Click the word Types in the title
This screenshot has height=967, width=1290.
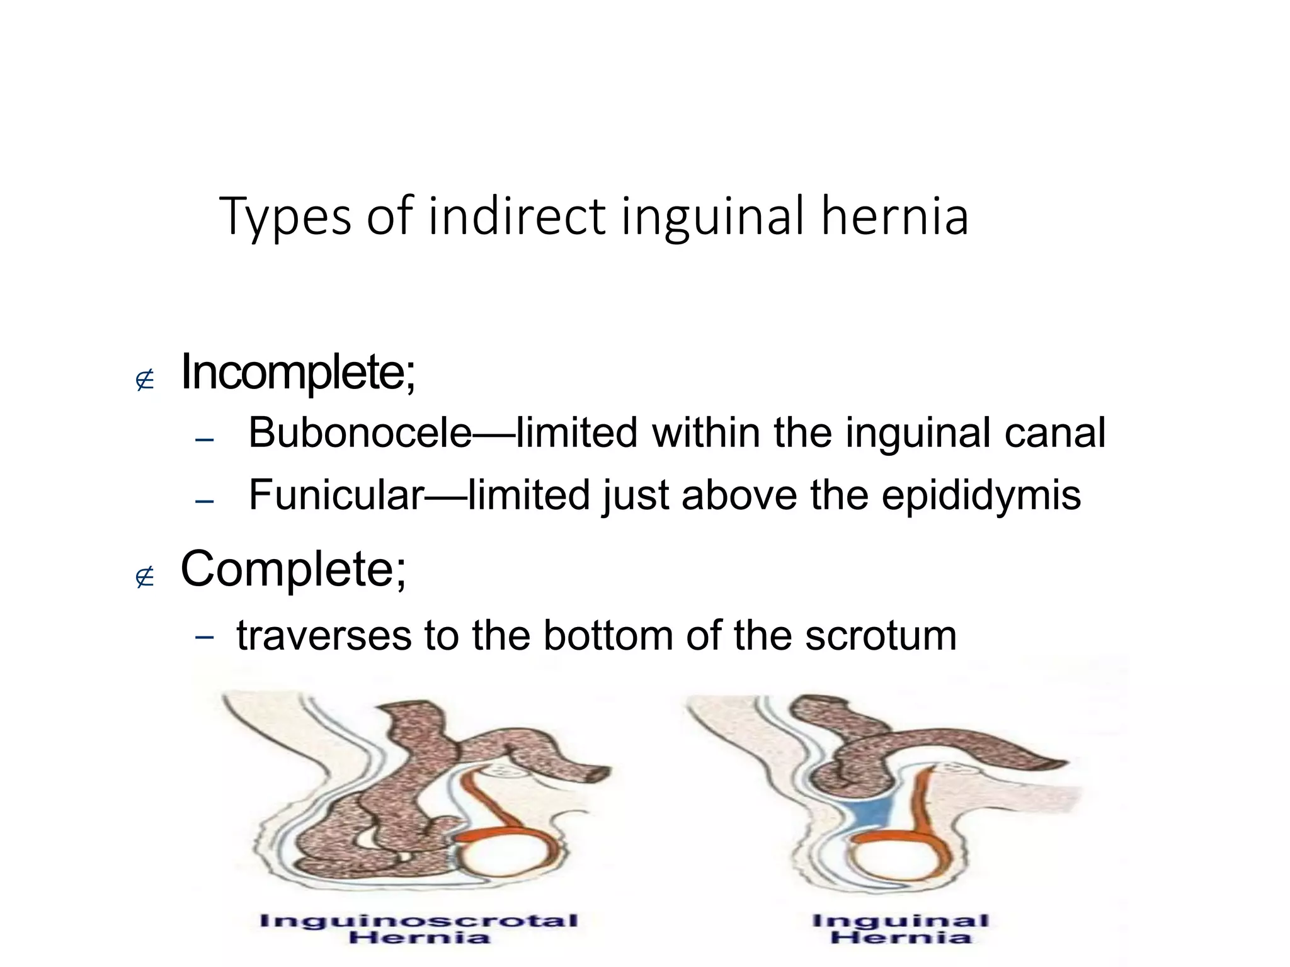click(285, 217)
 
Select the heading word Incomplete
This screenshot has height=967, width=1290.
click(297, 373)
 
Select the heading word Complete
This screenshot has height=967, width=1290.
click(294, 568)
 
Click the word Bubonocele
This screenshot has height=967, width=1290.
click(360, 433)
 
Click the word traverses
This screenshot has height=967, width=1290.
click(323, 636)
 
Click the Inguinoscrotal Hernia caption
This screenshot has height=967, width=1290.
click(419, 929)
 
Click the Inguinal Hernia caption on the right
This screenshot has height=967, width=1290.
click(901, 929)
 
